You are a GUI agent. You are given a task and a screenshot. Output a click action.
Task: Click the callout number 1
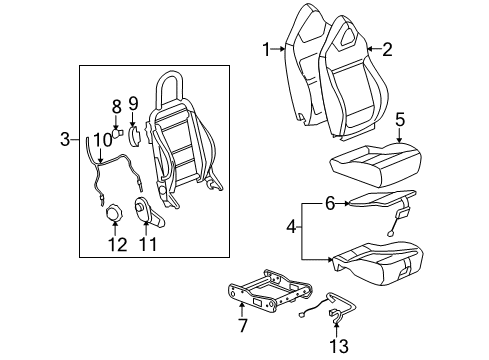[x=266, y=47]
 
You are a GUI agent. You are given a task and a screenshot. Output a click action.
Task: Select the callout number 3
[x=66, y=138]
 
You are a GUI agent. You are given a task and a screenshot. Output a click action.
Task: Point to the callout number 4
[x=292, y=228]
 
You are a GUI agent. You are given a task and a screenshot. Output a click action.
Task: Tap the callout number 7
[x=240, y=325]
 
